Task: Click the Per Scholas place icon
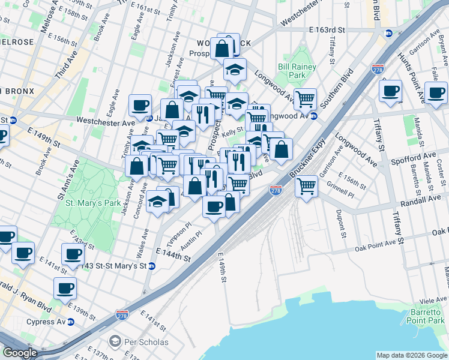click(115, 342)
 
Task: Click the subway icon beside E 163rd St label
click(388, 34)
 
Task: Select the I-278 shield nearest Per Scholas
click(122, 314)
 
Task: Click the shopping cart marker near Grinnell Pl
click(306, 187)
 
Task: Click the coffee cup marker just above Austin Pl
click(213, 206)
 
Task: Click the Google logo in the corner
click(20, 353)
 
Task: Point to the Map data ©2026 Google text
click(411, 355)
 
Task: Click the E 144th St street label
click(173, 255)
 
